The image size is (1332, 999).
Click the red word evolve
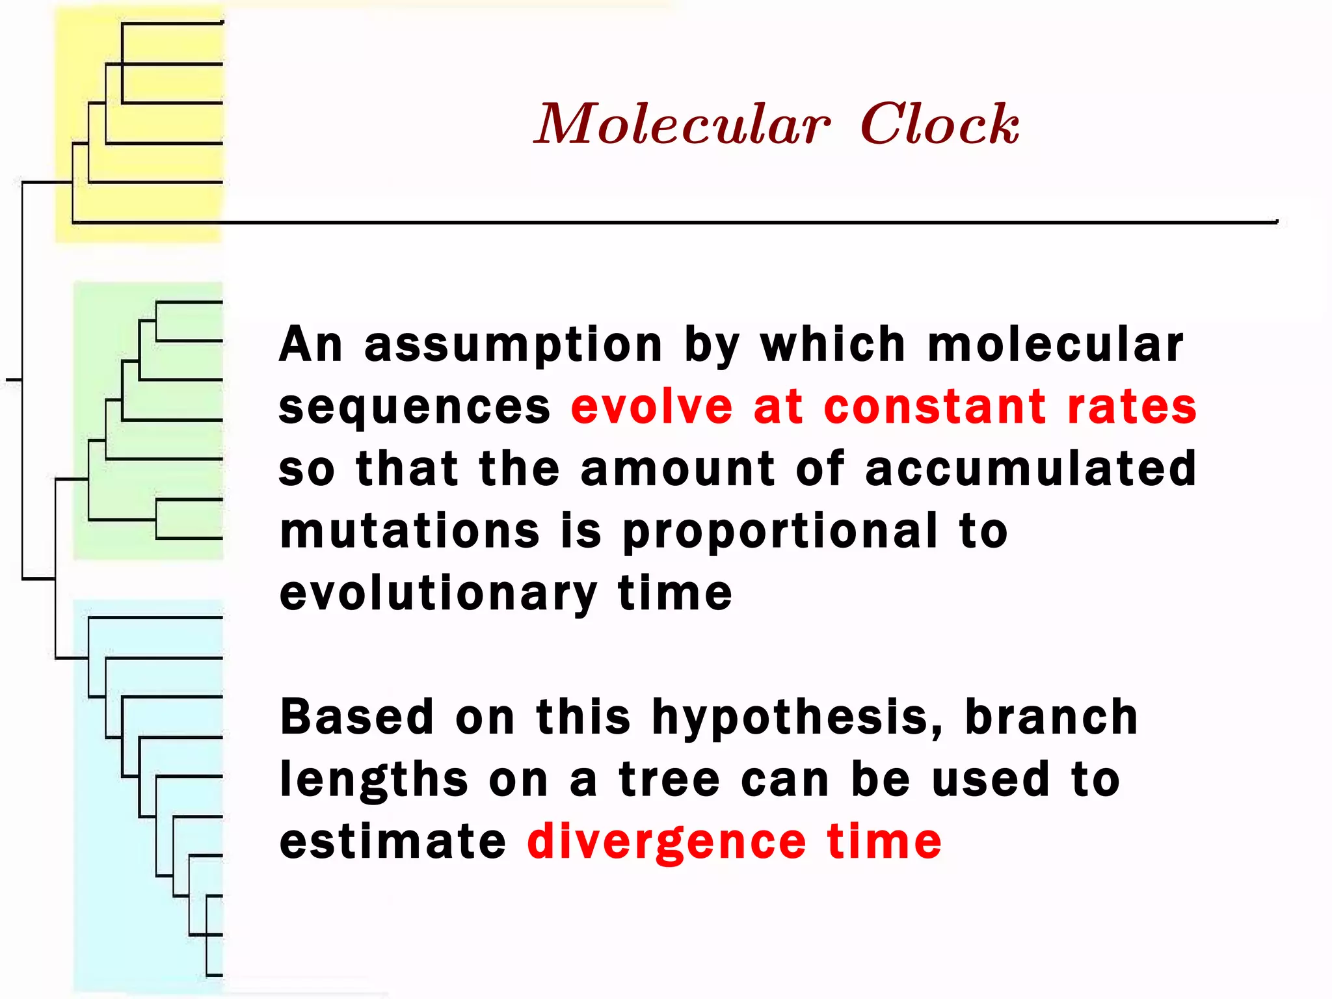point(652,407)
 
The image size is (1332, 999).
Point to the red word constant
point(935,407)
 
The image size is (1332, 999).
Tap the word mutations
point(410,531)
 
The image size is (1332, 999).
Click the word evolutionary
point(438,594)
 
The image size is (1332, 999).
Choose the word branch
point(1051,717)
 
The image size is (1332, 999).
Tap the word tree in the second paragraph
point(669,779)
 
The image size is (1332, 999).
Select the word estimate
point(392,842)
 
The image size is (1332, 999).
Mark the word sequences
point(414,408)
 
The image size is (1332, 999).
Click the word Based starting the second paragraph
point(356,717)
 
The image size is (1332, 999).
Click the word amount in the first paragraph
point(678,468)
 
